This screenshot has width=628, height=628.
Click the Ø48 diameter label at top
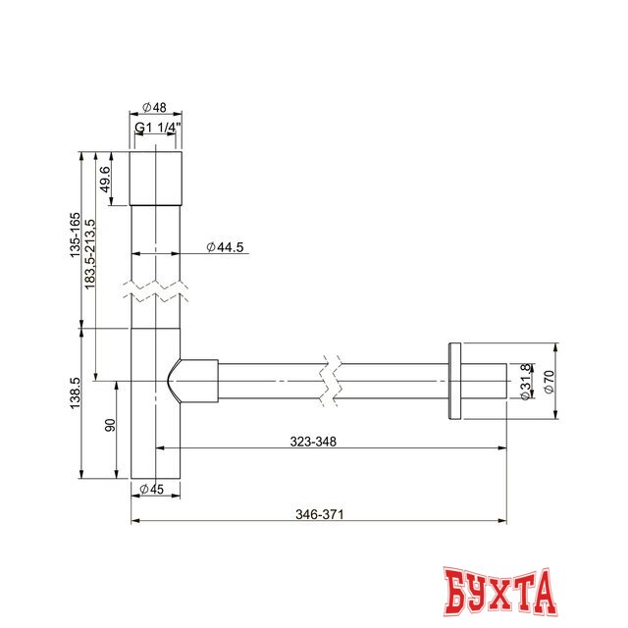(156, 106)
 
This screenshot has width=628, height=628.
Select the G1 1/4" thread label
(157, 128)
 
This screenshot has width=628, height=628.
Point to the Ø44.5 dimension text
(225, 247)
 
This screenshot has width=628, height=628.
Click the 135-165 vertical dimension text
(74, 236)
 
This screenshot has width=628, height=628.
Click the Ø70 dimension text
(549, 382)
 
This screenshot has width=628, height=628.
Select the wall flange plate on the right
(453, 382)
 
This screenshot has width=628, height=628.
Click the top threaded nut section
(156, 178)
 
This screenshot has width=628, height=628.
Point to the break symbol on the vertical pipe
(156, 291)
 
